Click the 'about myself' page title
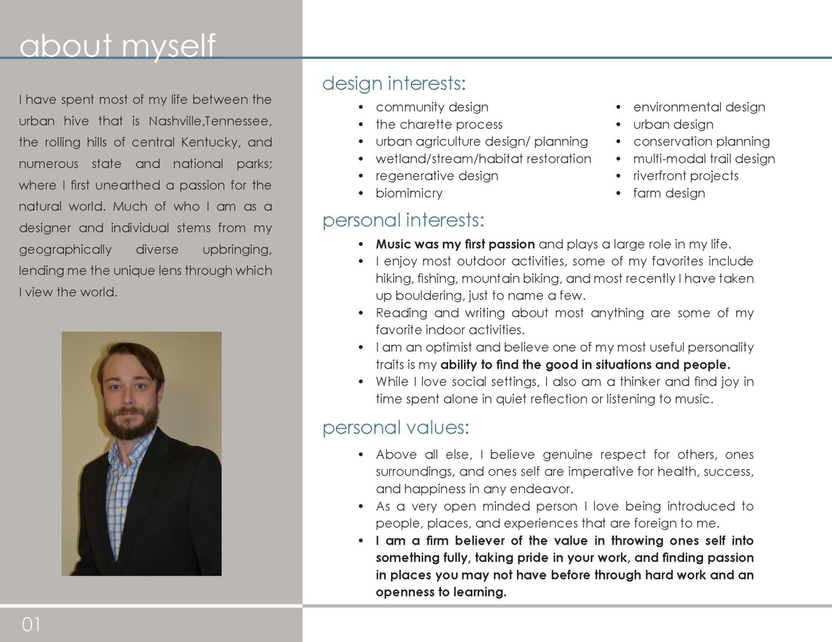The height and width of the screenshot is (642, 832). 117,45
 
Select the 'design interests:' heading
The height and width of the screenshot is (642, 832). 393,83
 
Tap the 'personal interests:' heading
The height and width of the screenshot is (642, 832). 403,220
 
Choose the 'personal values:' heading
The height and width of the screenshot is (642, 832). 395,428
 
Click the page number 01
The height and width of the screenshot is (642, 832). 31,624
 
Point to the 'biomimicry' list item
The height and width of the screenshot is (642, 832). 409,193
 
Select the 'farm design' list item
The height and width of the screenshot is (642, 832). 669,193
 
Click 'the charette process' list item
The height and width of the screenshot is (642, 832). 439,125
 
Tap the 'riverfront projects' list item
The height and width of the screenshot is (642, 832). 685,176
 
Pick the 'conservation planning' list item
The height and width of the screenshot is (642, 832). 701,141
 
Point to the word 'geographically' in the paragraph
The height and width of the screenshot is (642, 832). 65,249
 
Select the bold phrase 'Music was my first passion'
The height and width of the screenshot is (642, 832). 455,244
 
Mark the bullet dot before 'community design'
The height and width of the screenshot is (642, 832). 361,107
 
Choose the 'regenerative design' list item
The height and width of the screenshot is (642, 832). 437,176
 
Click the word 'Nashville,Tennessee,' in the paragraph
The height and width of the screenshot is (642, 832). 210,121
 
